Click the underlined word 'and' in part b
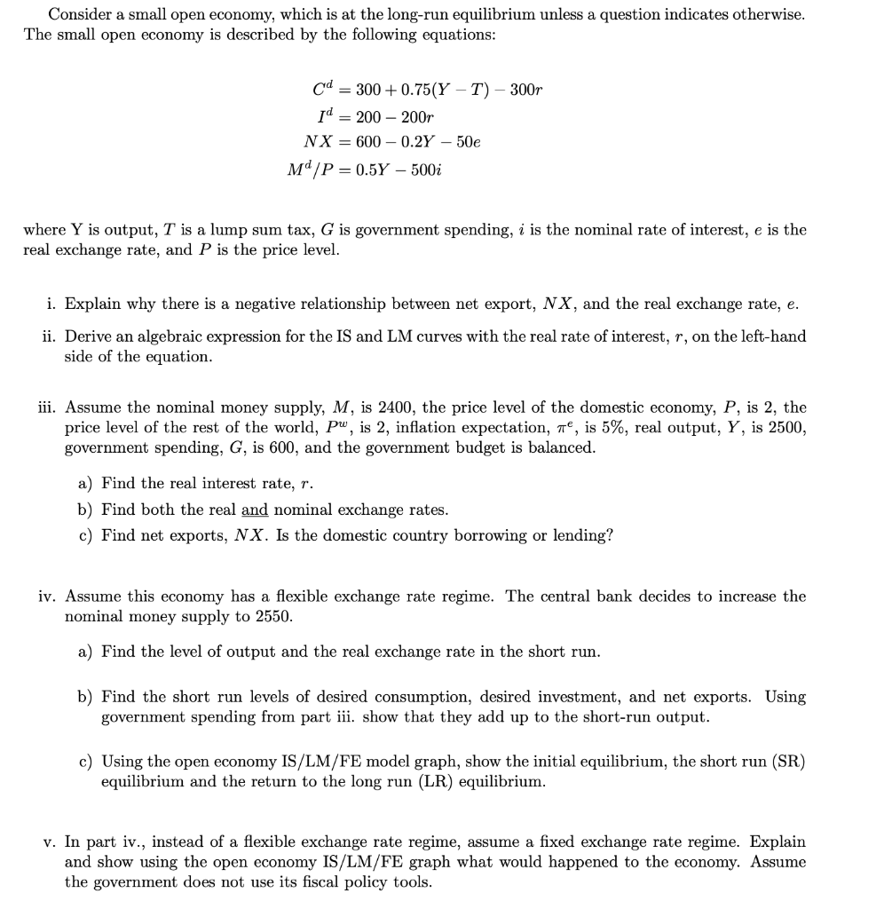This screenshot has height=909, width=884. tap(254, 510)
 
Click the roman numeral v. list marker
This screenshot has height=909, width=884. tap(51, 842)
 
